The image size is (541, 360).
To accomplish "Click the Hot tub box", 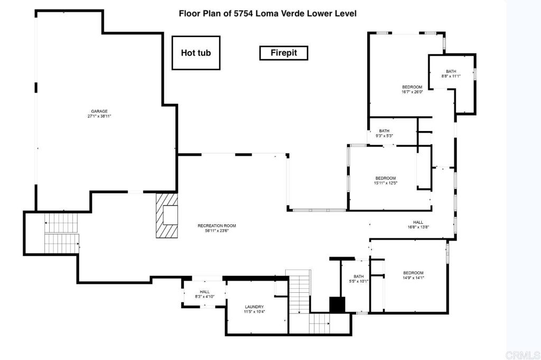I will pyautogui.click(x=195, y=53).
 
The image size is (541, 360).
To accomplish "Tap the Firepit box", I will pyautogui.click(x=284, y=53).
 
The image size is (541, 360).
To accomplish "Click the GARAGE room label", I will pyautogui.click(x=99, y=111).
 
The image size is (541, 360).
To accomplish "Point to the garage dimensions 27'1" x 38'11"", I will pyautogui.click(x=99, y=116).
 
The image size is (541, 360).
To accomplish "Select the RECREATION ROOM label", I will pyautogui.click(x=213, y=225).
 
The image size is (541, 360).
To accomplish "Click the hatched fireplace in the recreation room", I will pyautogui.click(x=167, y=215).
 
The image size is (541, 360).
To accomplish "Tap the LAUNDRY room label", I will pyautogui.click(x=254, y=307).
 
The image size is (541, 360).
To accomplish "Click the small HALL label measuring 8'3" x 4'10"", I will pyautogui.click(x=204, y=292).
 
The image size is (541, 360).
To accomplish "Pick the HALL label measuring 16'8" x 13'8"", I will pyautogui.click(x=418, y=223).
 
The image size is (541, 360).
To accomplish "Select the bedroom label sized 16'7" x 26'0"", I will pyautogui.click(x=412, y=87).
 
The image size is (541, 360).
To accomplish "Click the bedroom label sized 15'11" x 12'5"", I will pyautogui.click(x=385, y=178).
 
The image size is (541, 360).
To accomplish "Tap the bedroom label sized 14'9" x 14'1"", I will pyautogui.click(x=414, y=273).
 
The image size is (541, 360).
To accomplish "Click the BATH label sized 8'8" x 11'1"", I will pyautogui.click(x=451, y=71).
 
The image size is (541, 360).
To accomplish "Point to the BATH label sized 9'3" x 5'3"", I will pyautogui.click(x=384, y=131).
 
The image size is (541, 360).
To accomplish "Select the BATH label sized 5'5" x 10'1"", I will pyautogui.click(x=359, y=276).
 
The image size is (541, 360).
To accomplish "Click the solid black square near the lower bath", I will pyautogui.click(x=337, y=304).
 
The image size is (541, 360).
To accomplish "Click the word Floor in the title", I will pyautogui.click(x=189, y=13).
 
